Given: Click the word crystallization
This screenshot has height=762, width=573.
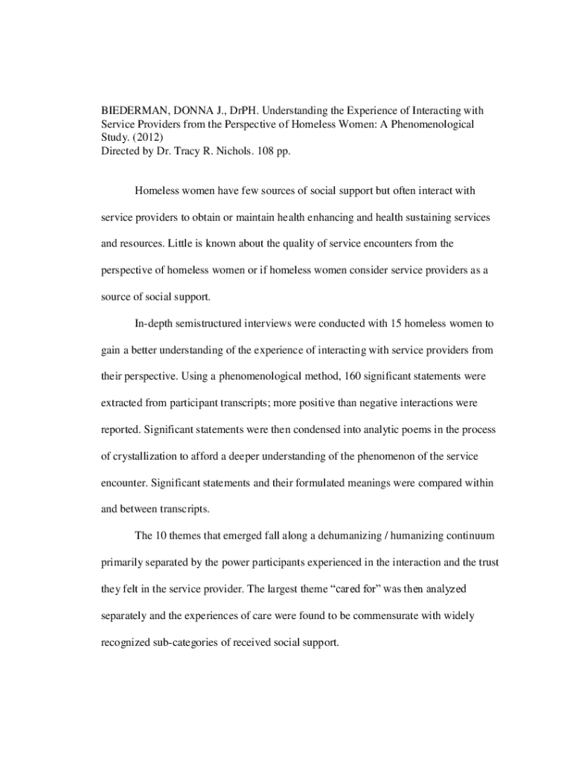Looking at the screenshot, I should [149, 456].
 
